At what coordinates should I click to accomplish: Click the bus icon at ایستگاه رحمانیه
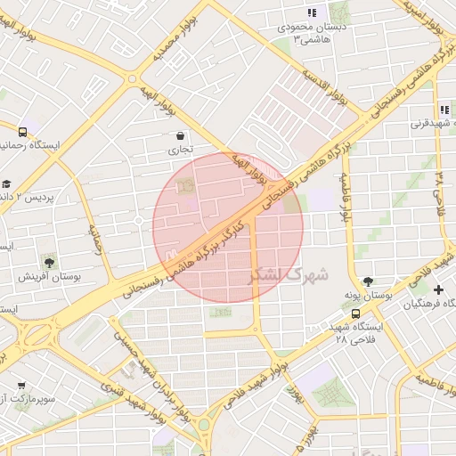coord(22,132)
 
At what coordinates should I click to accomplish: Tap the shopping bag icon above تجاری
coord(182,137)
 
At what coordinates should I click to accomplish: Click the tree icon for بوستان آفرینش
coord(49,263)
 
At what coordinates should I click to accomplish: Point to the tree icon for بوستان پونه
coord(368,281)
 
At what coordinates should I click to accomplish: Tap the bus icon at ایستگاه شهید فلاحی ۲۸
coord(356,313)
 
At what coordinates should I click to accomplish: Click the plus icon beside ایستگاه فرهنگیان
coord(438,289)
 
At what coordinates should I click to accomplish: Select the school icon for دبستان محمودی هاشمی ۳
coord(312,12)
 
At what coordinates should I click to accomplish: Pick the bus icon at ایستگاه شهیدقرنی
coord(444,110)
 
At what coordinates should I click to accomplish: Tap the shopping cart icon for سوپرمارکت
coord(21,387)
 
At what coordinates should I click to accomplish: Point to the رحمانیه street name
coord(95,239)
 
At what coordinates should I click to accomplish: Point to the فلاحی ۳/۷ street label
coord(440,188)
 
